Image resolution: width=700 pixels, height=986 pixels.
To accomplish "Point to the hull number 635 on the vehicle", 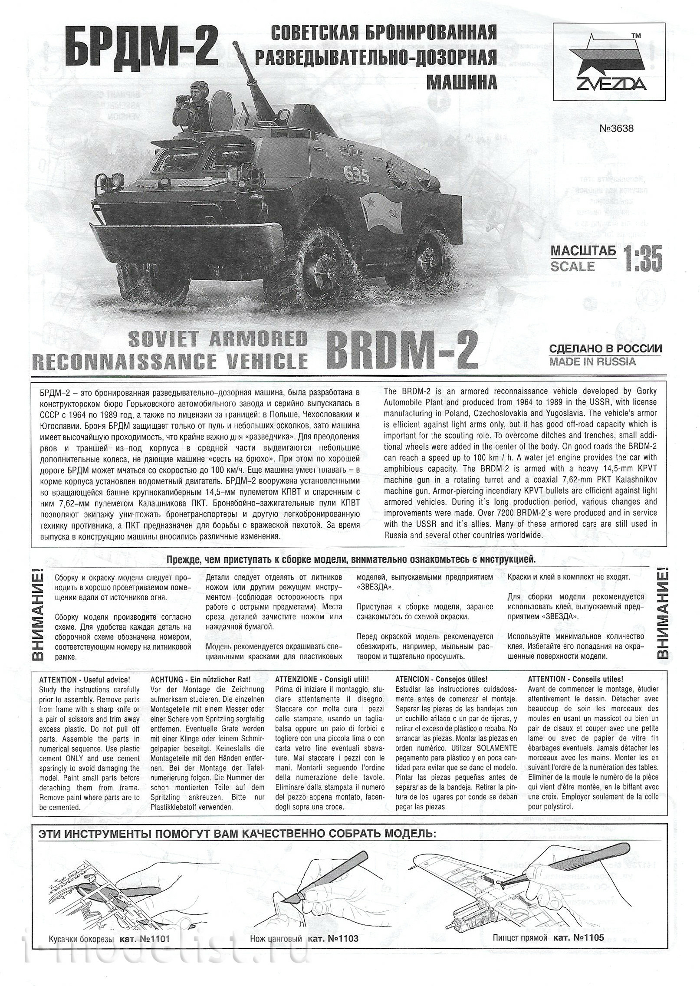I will [358, 175].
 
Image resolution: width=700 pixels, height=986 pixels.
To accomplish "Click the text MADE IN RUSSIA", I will [592, 362].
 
